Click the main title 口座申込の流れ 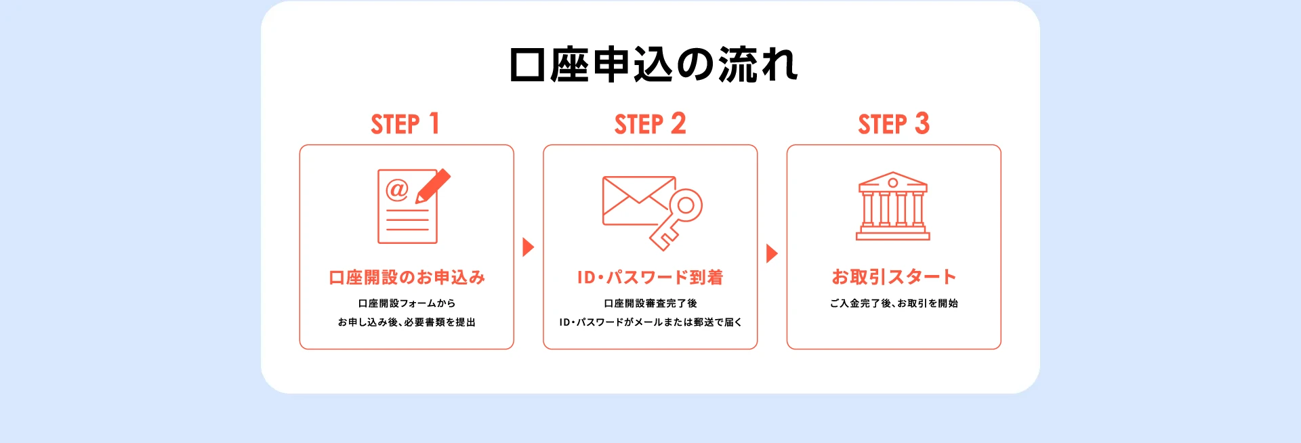pos(653,65)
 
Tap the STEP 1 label pos(405,124)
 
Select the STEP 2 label pos(650,124)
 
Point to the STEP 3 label pos(893,124)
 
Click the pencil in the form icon pos(433,186)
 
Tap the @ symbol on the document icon pos(397,190)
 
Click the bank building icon pos(893,207)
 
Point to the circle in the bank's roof pos(893,183)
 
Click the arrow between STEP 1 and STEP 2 pos(529,247)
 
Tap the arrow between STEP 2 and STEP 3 pos(772,253)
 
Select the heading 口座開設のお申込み pos(407,277)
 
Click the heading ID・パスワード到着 pos(650,277)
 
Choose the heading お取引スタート pos(893,276)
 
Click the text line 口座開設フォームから pos(407,303)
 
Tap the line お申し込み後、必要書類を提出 pos(407,322)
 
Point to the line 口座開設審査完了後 pos(650,303)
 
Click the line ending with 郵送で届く pos(650,322)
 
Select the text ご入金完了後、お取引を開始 pos(893,303)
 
